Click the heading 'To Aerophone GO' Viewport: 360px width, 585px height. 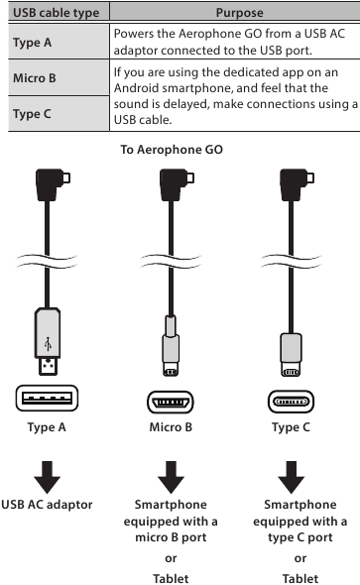172,150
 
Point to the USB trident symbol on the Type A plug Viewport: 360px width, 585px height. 47,344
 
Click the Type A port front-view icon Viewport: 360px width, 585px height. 47,403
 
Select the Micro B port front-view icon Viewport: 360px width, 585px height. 171,403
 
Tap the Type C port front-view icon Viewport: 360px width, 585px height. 291,403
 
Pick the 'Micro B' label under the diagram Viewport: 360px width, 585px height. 171,428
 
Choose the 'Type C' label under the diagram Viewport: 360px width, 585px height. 291,428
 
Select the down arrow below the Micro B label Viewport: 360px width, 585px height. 171,477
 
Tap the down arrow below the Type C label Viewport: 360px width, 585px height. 291,477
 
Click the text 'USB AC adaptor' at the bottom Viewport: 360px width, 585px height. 47,504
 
